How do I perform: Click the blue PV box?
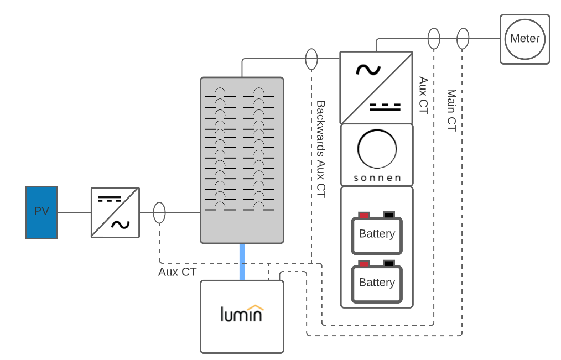[41, 212]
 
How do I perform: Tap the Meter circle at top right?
[524, 39]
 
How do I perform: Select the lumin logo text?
[242, 314]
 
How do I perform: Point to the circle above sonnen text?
[377, 149]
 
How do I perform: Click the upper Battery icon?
[377, 234]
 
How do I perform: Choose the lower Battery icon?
[377, 283]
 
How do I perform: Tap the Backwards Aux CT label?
[321, 149]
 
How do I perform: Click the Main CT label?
[451, 110]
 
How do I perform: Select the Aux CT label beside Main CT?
[423, 95]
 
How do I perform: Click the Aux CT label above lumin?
[177, 272]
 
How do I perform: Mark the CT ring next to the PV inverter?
[159, 212]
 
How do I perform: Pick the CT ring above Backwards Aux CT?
[311, 59]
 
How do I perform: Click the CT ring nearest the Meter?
[463, 39]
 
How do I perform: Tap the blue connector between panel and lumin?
[242, 262]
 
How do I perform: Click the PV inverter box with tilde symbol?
[115, 212]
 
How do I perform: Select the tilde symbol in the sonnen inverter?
[368, 70]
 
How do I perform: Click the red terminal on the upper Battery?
[363, 215]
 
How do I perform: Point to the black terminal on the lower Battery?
[389, 263]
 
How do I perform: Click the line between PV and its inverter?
[74, 212]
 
